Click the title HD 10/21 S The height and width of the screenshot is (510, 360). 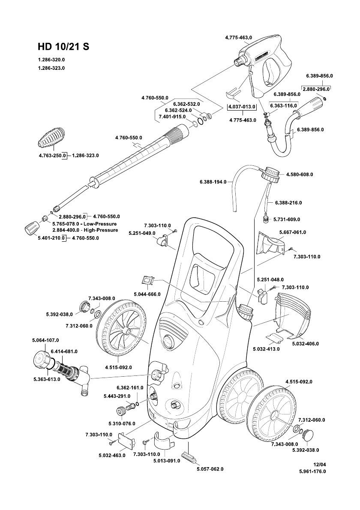[x=63, y=47]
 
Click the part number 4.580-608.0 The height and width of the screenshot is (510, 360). [x=299, y=174]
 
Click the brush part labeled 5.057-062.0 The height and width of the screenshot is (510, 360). [x=189, y=457]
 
